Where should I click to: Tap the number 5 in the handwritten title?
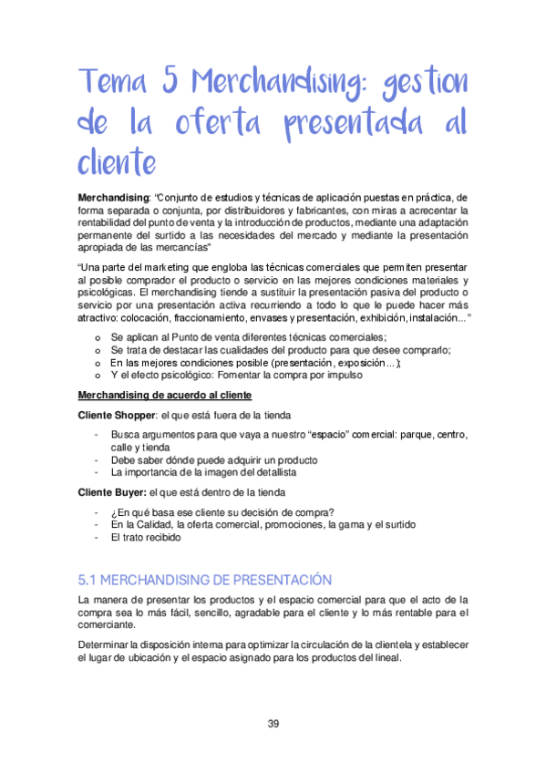click(178, 83)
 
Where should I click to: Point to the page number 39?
click(273, 724)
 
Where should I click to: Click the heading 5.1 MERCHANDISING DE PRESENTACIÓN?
click(202, 580)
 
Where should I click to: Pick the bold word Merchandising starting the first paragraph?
click(110, 197)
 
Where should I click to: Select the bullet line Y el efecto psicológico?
click(236, 375)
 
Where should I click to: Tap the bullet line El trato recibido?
click(146, 538)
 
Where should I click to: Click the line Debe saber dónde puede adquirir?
click(213, 460)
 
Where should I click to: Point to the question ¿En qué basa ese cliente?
click(222, 511)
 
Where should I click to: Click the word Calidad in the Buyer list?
click(160, 525)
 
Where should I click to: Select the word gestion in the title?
click(427, 83)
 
